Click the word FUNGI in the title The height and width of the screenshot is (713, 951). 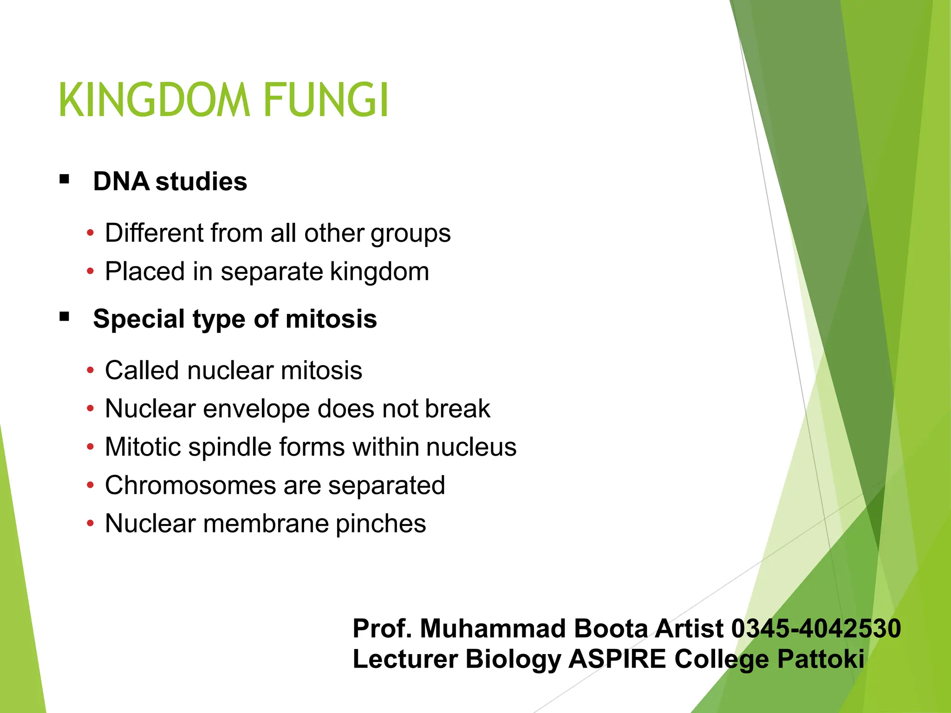tap(326, 100)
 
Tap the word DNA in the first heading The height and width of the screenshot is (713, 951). tap(121, 181)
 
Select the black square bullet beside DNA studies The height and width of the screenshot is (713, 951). tap(65, 179)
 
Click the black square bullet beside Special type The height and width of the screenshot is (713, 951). tap(65, 317)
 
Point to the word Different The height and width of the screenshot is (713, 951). tap(154, 233)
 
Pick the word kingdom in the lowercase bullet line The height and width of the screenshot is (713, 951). tap(379, 272)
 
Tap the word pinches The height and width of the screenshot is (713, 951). tap(380, 524)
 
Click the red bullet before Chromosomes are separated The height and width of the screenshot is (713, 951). tap(90, 486)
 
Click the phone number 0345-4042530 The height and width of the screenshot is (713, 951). tap(816, 629)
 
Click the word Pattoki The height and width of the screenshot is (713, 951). tap(821, 659)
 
